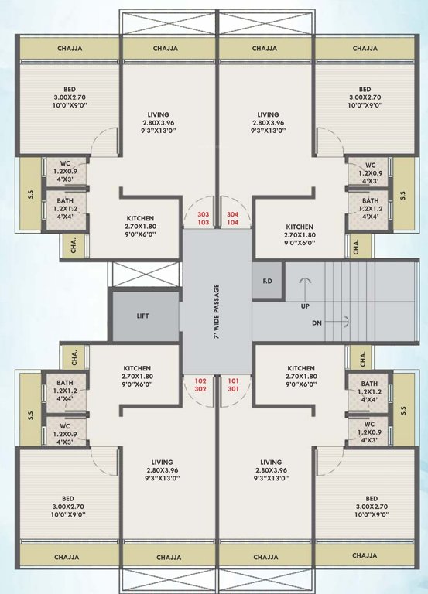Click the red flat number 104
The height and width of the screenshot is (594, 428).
[x=232, y=221]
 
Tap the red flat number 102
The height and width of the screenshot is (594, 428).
[x=201, y=381]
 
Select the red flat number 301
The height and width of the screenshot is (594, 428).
[x=232, y=389]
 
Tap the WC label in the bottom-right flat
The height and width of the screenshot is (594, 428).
[x=368, y=425]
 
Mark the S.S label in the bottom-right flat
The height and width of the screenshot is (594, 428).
[x=402, y=411]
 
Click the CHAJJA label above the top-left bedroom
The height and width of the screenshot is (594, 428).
[x=70, y=49]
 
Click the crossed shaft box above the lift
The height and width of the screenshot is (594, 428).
[x=146, y=275]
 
